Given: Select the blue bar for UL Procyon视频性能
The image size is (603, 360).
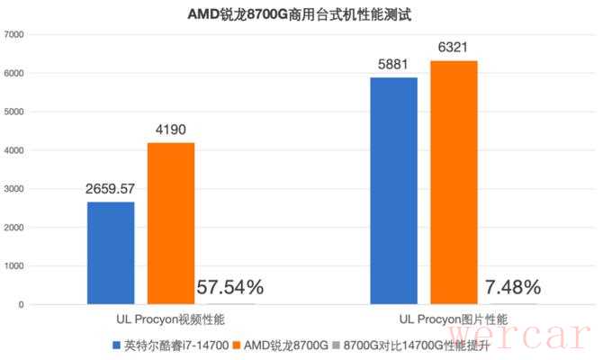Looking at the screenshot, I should click(x=111, y=253).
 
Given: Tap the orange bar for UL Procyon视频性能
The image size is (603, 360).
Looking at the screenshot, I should click(x=170, y=223).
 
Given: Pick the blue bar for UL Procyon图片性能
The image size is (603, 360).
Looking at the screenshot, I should click(x=393, y=191).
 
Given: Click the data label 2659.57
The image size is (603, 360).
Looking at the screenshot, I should click(x=111, y=189).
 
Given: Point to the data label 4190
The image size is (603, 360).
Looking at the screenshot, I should click(x=170, y=130).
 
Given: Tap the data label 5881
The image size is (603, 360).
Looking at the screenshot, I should click(x=393, y=65).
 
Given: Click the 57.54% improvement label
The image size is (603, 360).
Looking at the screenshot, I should click(x=229, y=288).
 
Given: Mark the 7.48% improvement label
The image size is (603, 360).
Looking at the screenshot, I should click(x=513, y=288).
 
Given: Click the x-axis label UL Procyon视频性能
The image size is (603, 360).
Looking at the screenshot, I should click(x=170, y=319).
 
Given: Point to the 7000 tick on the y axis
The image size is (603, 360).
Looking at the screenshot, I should click(x=15, y=34).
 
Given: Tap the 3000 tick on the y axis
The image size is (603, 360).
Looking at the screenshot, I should click(x=15, y=189).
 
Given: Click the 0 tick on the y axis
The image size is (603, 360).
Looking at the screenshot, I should click(x=25, y=304).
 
